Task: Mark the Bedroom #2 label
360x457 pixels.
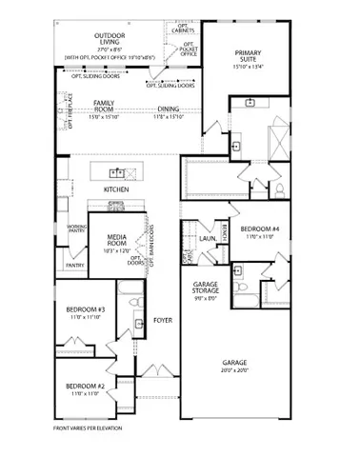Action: (x=85, y=387)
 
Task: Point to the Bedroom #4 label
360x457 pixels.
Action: (x=258, y=229)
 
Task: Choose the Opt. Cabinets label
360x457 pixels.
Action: (x=185, y=28)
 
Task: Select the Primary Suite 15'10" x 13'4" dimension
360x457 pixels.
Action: (x=252, y=68)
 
